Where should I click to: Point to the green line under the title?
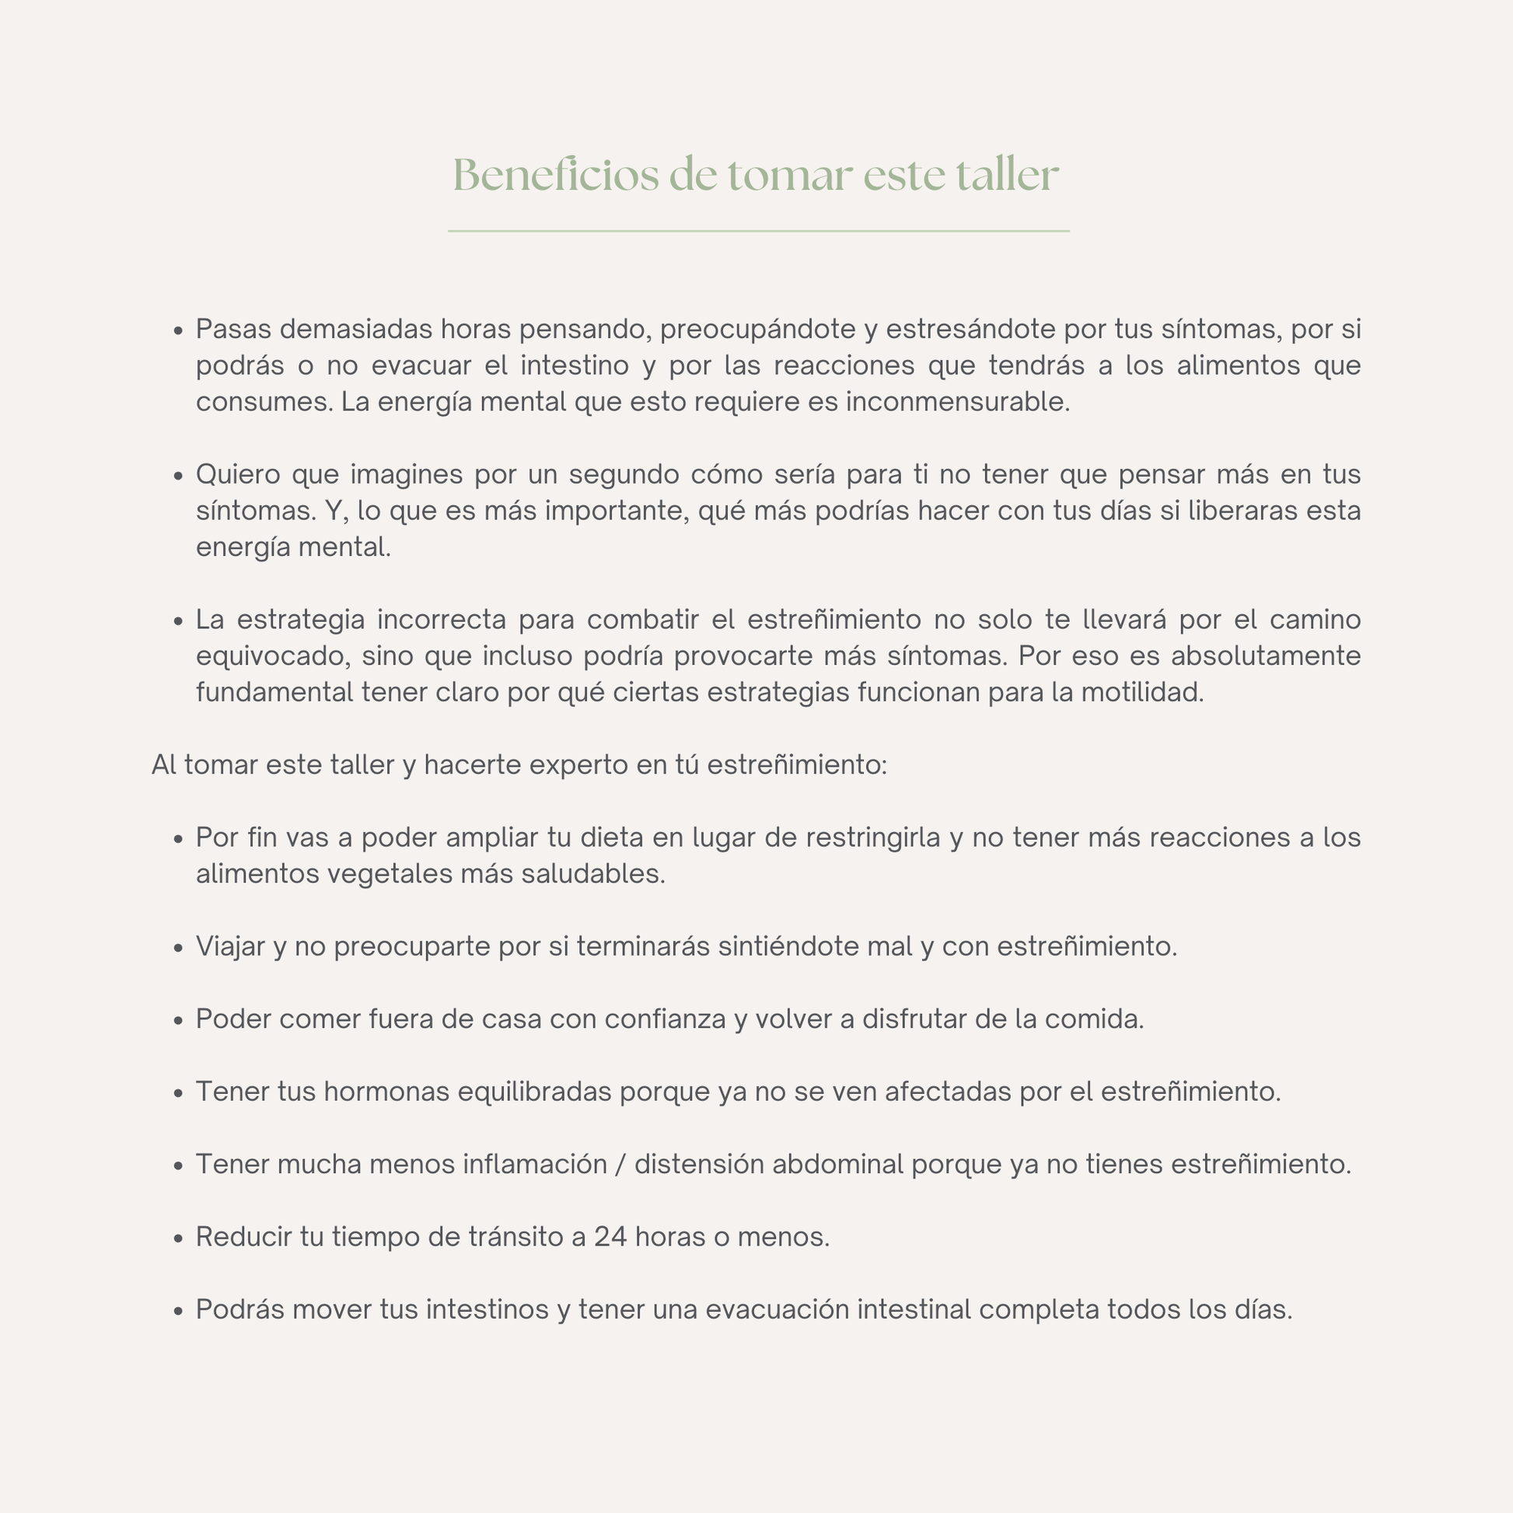tap(758, 231)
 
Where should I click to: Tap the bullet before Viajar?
tap(179, 948)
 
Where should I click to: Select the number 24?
tap(610, 1236)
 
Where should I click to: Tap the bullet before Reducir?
tap(179, 1238)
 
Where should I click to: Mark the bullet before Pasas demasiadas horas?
tap(179, 330)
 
